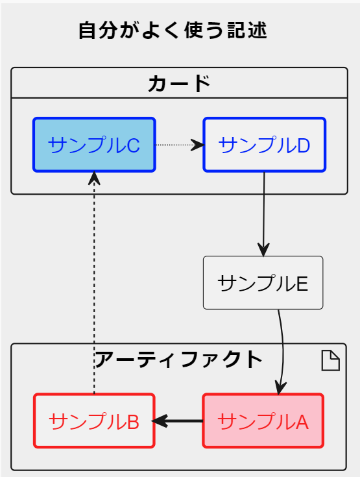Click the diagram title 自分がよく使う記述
[x=173, y=31]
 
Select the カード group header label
[x=179, y=83]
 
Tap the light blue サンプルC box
[x=94, y=145]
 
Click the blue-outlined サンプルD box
[x=264, y=145]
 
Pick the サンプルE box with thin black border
[x=263, y=283]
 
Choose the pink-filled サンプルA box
[x=263, y=421]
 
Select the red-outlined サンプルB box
[x=94, y=421]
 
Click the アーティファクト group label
[x=179, y=359]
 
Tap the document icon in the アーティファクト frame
[x=331, y=360]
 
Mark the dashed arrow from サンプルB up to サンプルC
[x=95, y=286]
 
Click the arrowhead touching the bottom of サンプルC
[x=95, y=178]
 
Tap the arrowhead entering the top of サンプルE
[x=263, y=250]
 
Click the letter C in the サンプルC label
[x=133, y=145]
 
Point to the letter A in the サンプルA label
[x=302, y=422]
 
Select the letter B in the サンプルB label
[x=132, y=422]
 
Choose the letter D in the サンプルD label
[x=303, y=145]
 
